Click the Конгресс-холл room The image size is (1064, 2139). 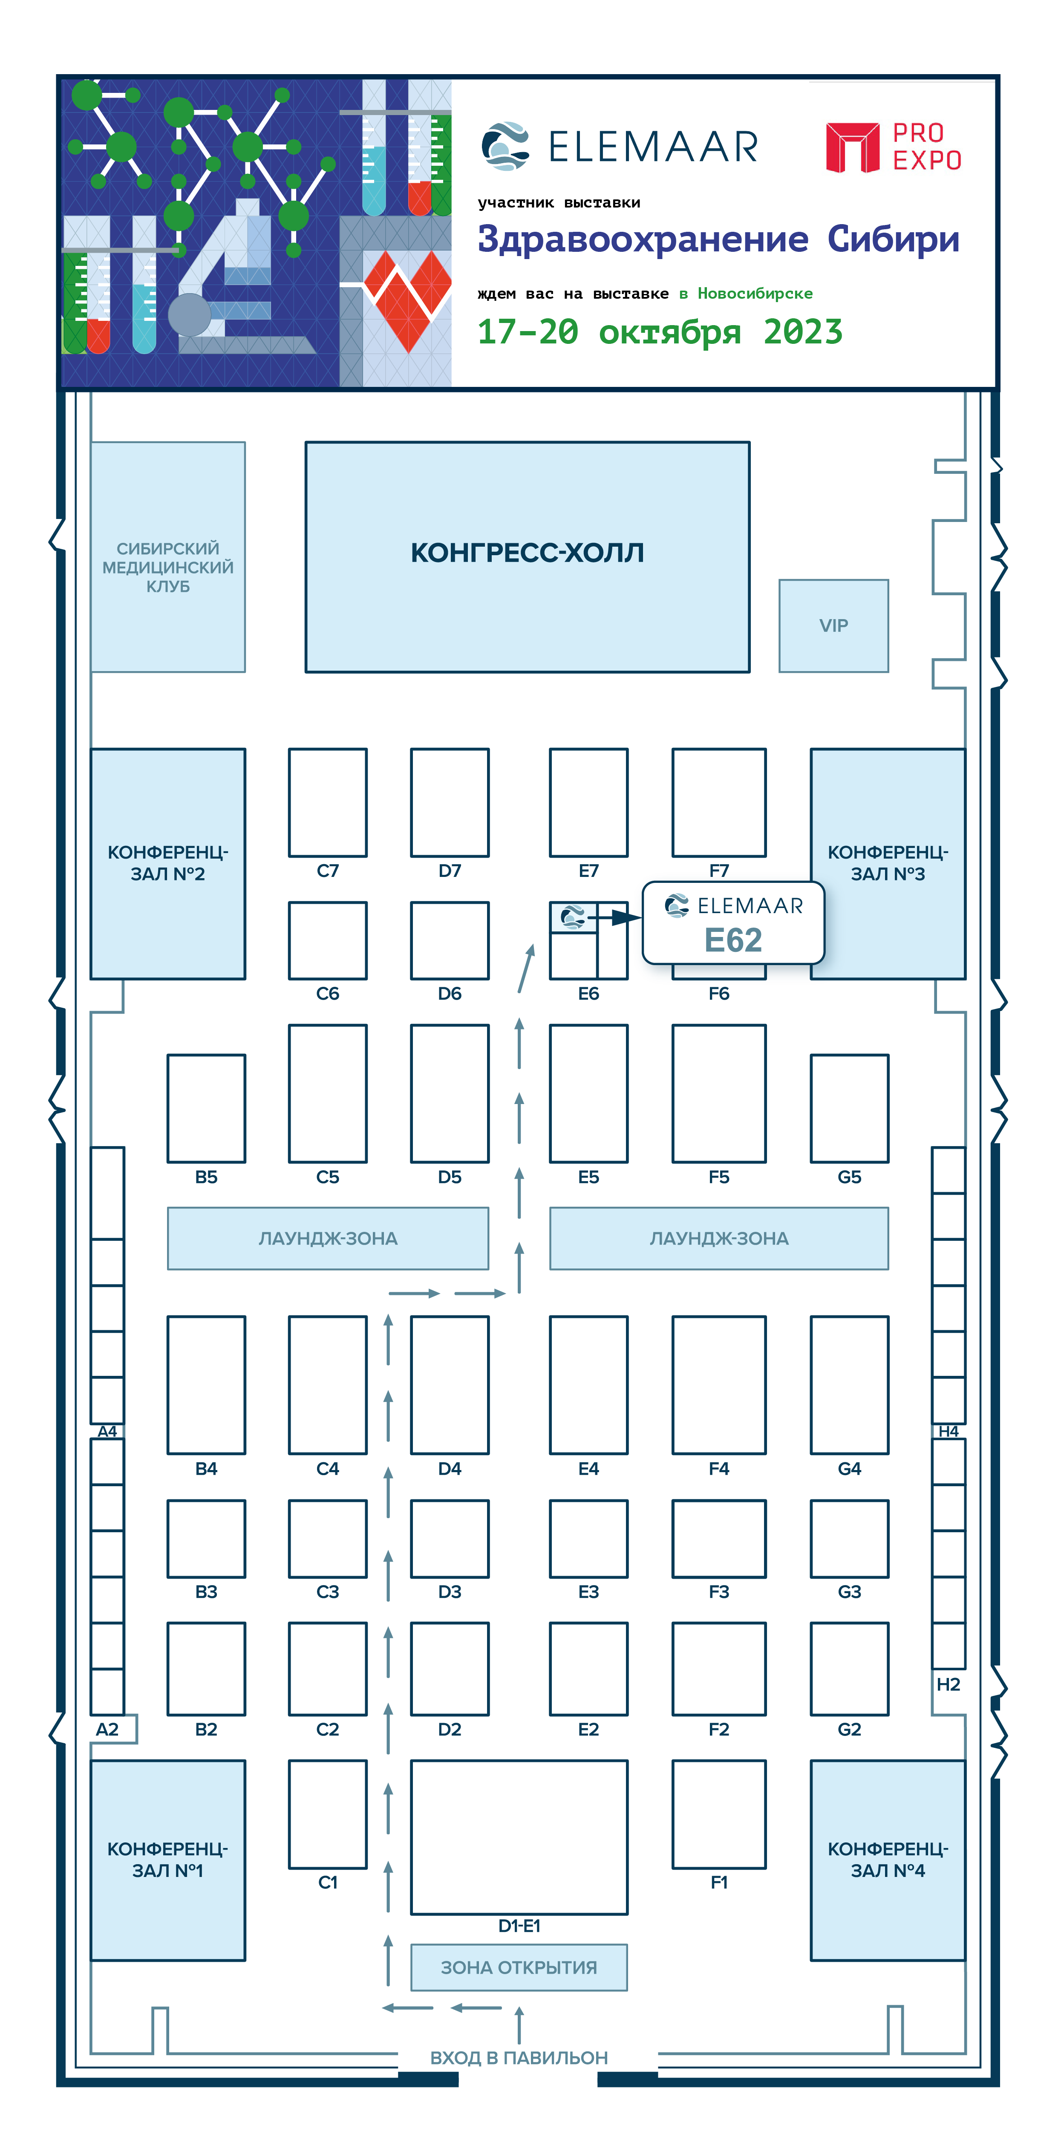click(528, 556)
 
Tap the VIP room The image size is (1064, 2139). click(833, 625)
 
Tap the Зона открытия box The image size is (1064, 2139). click(519, 1967)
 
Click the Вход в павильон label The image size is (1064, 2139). click(519, 2058)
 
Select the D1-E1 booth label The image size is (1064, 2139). click(519, 1926)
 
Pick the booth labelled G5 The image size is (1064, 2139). click(849, 1109)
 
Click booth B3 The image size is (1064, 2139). click(206, 1539)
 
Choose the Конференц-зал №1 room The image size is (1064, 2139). click(168, 1860)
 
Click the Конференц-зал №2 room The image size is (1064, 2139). click(168, 864)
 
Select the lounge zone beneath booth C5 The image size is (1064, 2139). click(328, 1238)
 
